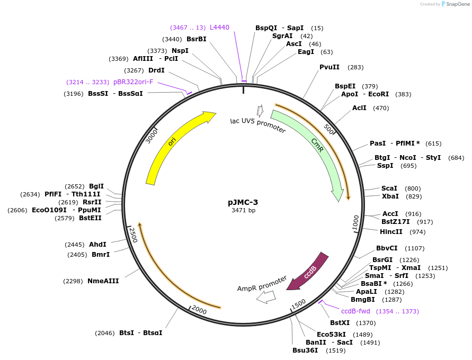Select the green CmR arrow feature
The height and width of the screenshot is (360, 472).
click(x=318, y=145)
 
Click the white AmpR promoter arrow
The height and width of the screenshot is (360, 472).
click(x=265, y=297)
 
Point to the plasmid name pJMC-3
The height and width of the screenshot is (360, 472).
click(x=243, y=202)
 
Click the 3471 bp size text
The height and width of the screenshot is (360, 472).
click(x=243, y=210)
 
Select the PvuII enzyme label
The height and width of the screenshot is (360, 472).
click(x=329, y=67)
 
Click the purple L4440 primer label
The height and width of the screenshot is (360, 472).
click(x=219, y=27)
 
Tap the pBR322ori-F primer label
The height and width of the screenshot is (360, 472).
click(x=133, y=82)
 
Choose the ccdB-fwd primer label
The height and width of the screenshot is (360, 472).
click(x=355, y=311)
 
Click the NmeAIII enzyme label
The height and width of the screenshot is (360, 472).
click(x=103, y=281)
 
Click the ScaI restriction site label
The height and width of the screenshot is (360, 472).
click(x=389, y=188)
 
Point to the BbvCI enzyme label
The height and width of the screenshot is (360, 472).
click(x=387, y=248)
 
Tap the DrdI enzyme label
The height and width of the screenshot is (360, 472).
click(x=156, y=70)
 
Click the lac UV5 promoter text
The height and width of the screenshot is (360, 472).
click(x=258, y=125)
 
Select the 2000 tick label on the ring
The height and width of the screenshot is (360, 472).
click(x=199, y=309)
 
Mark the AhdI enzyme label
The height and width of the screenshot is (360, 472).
click(x=97, y=245)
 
